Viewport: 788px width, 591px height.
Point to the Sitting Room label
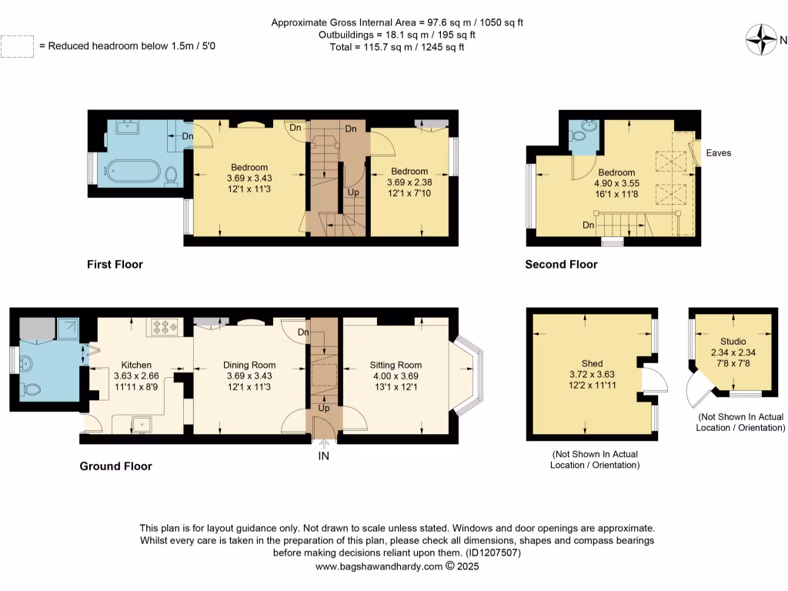tap(396, 365)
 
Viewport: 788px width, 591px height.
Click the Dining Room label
tap(249, 365)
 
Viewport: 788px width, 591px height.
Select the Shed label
tap(592, 363)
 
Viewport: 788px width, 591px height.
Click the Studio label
tap(733, 341)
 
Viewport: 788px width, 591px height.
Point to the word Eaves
tap(719, 153)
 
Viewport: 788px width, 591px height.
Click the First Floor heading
tap(115, 265)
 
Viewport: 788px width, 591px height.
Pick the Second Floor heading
tap(561, 265)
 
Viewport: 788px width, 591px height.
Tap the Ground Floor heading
tap(115, 466)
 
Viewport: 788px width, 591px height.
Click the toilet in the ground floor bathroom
tap(31, 389)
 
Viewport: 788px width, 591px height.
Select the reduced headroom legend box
tap(17, 46)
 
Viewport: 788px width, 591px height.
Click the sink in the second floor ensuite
tap(589, 125)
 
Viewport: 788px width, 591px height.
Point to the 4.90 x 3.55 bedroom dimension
tap(616, 184)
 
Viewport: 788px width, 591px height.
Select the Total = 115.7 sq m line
tap(397, 47)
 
